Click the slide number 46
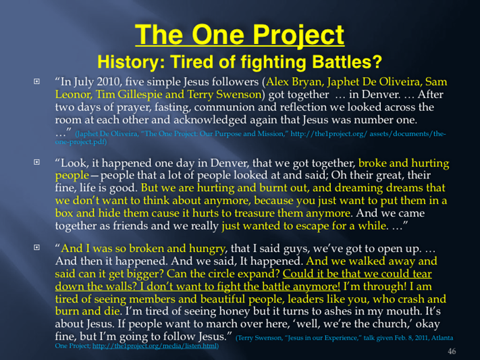pyautogui.click(x=452, y=351)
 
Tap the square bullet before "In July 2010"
pyautogui.click(x=36, y=82)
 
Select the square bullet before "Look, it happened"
pyautogui.click(x=36, y=162)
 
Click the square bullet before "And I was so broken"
pyautogui.click(x=36, y=247)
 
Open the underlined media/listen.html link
pyautogui.click(x=155, y=346)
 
